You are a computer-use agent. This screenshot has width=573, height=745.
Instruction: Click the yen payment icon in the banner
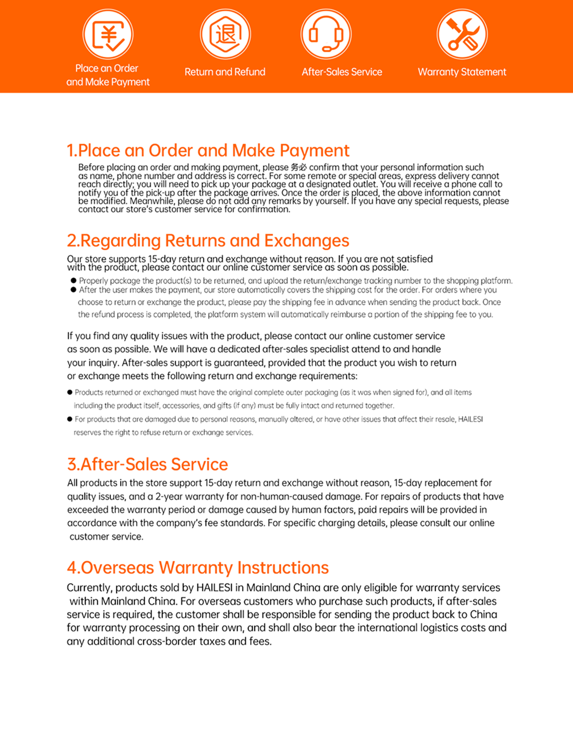tap(108, 34)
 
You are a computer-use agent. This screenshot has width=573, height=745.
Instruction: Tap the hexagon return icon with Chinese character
tap(225, 34)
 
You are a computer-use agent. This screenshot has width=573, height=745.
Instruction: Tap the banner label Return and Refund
tap(225, 72)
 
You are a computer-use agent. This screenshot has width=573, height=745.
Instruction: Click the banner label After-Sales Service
tap(342, 72)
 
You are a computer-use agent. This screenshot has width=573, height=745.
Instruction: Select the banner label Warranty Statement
tap(462, 72)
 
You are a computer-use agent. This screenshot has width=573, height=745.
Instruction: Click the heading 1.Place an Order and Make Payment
tap(208, 150)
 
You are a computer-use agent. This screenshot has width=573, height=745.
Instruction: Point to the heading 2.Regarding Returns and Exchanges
tap(208, 240)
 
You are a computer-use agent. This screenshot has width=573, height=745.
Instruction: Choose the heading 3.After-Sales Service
tap(147, 464)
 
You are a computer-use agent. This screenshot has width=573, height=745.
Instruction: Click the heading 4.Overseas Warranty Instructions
tap(198, 568)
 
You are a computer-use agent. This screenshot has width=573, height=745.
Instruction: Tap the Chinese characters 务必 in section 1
tap(298, 167)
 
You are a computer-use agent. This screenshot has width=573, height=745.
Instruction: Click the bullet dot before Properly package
tap(73, 280)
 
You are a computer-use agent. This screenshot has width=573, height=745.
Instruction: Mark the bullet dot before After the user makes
tap(73, 290)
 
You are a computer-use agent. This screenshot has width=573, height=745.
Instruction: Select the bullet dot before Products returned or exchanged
tap(70, 392)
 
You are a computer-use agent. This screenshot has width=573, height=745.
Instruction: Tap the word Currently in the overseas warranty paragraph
tap(89, 588)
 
